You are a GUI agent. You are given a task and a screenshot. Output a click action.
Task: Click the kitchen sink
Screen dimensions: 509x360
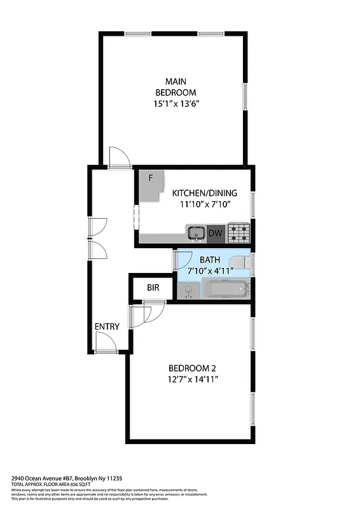196,234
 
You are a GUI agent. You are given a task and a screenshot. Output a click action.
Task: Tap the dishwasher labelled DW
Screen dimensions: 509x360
216,234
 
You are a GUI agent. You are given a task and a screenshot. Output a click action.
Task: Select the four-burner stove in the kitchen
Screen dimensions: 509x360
239,234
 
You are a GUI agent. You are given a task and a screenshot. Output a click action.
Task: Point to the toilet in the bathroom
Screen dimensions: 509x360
239,262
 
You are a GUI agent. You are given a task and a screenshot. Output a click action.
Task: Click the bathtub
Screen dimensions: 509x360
226,290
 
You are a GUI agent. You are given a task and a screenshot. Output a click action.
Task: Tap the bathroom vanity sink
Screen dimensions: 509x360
187,291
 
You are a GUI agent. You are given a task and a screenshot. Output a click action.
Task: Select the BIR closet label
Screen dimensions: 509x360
153,288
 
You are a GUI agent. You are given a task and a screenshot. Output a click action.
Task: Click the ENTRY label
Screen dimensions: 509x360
107,326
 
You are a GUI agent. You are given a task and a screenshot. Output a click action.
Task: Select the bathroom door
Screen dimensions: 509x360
183,260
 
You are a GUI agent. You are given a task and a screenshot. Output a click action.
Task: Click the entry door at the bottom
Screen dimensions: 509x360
106,344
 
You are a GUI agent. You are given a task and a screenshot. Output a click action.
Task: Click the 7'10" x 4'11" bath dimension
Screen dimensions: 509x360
210,271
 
